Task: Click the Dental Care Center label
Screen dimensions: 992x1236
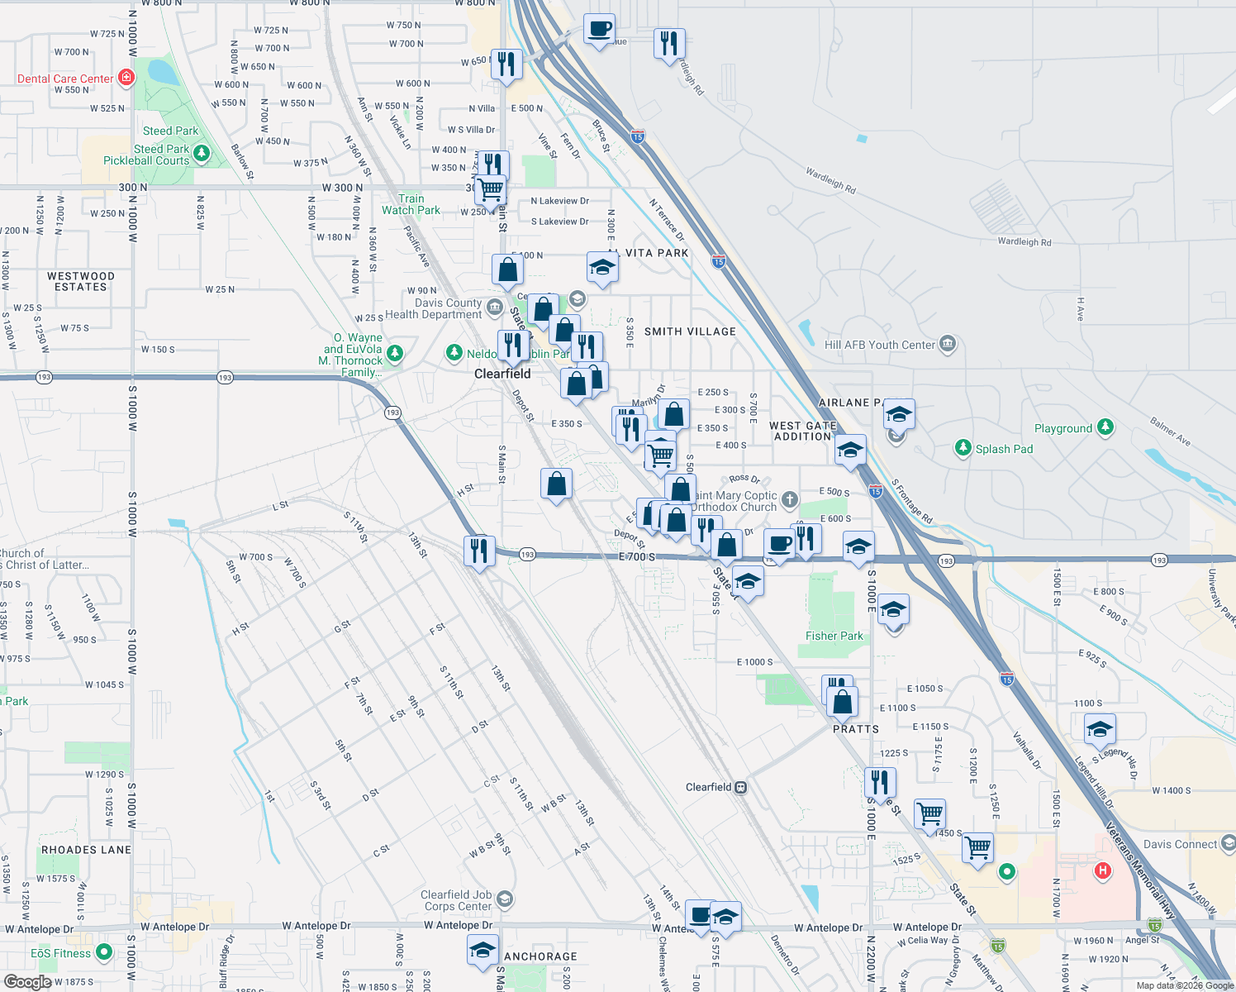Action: click(65, 79)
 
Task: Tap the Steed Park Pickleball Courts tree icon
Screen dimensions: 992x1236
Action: click(201, 154)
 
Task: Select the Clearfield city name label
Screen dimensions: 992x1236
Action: click(502, 374)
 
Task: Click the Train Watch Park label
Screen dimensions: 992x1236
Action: click(411, 204)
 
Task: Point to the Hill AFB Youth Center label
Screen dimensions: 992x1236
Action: click(879, 345)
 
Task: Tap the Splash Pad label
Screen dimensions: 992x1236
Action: click(1004, 449)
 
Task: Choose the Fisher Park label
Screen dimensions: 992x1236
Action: click(834, 636)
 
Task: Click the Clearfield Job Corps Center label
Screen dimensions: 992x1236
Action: click(456, 900)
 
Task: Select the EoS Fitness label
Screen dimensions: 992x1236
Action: click(60, 953)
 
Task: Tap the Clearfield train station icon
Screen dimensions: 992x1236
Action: click(741, 787)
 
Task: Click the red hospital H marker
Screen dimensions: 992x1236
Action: click(1102, 870)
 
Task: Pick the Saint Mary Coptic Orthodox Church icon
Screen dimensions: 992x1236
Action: click(790, 499)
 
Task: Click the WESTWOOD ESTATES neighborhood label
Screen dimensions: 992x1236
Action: click(81, 281)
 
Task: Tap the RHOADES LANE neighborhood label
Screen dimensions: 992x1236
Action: click(86, 850)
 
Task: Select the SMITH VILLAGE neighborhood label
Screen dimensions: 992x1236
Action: click(690, 331)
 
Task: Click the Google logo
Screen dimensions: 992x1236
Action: click(28, 982)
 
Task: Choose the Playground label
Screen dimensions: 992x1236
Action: click(1062, 428)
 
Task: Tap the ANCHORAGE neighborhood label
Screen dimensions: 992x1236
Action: click(540, 956)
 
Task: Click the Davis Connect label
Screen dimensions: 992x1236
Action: click(1180, 844)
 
